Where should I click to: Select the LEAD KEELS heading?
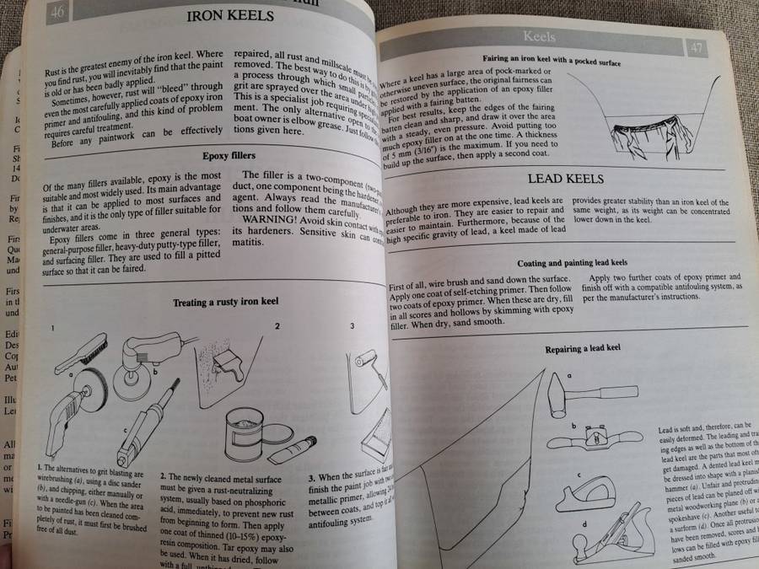pyautogui.click(x=566, y=179)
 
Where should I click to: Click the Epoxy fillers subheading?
pyautogui.click(x=229, y=156)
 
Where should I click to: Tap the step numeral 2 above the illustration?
pyautogui.click(x=276, y=325)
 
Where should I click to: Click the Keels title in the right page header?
pyautogui.click(x=540, y=36)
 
